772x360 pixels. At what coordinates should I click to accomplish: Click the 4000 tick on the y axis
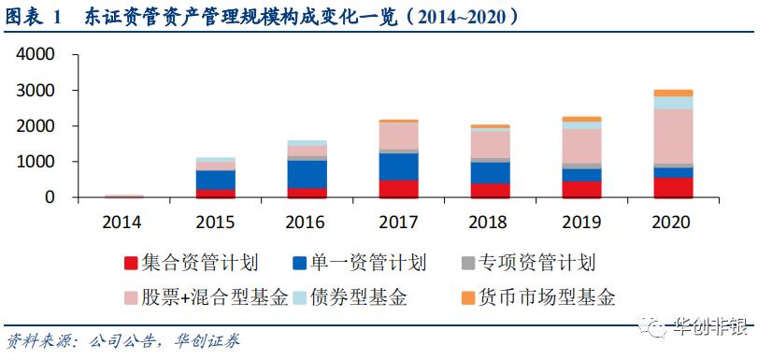36,55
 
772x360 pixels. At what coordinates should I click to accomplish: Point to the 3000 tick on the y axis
36,91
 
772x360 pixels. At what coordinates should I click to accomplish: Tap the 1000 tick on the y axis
36,162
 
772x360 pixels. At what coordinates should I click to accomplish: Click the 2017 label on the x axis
398,223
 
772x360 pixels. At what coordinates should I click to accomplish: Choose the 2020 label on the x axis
673,223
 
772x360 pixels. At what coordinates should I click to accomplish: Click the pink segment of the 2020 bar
673,137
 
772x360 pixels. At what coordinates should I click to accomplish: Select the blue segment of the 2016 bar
307,174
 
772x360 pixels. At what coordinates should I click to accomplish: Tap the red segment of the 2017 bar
398,188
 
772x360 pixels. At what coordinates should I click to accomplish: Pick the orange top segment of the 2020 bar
673,93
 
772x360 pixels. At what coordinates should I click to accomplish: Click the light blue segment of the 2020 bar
673,103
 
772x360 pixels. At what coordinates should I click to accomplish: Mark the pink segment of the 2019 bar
581,146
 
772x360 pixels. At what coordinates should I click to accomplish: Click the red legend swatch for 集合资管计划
131,263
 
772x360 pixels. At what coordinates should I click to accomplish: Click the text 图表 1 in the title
33,17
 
